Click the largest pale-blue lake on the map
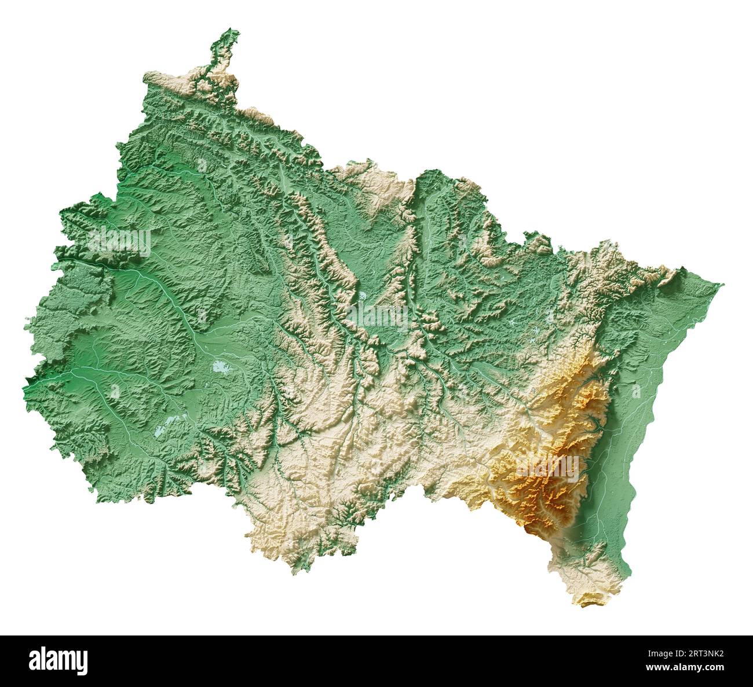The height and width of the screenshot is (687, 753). tap(221, 366)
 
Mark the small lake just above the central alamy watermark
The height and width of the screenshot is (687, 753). tap(362, 296)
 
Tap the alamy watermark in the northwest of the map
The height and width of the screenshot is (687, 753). tap(119, 241)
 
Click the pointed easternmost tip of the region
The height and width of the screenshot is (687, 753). tap(722, 284)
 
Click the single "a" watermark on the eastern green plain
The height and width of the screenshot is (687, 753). tap(636, 392)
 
